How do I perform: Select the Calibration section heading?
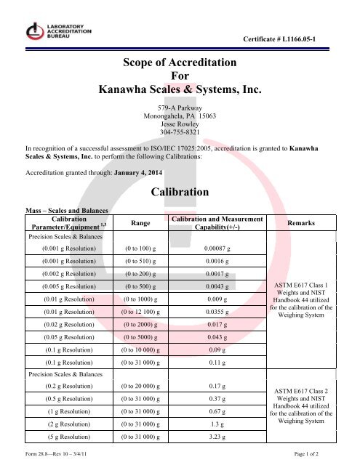click(179, 193)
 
